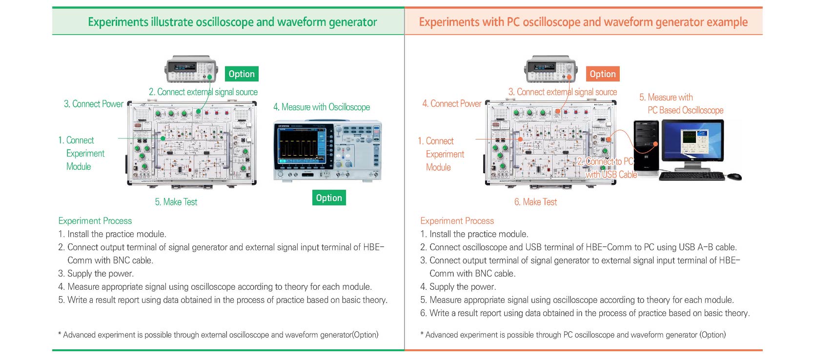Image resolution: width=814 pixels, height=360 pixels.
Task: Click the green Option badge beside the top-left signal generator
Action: coord(242,74)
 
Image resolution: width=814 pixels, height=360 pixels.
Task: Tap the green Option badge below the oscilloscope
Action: coord(329,198)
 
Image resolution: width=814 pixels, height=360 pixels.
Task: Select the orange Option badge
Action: coord(603,74)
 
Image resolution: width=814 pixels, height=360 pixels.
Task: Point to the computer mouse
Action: coord(734,176)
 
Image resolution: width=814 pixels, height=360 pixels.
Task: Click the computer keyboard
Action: coord(692,176)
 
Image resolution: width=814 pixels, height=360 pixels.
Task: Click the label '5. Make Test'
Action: coord(176,202)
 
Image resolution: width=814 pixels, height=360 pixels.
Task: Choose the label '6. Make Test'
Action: coord(535,202)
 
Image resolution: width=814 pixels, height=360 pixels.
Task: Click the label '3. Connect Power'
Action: coord(94,104)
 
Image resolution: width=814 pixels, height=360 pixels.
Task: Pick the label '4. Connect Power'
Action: coord(452,103)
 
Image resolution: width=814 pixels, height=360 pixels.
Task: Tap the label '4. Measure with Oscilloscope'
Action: coord(322,107)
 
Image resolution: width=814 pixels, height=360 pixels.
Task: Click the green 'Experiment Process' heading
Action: coord(95,221)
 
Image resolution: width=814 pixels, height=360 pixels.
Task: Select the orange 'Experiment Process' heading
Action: coord(457,221)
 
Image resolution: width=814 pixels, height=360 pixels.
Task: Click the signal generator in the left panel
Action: coord(191,69)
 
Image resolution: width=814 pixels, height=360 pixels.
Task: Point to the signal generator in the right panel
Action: coord(550,69)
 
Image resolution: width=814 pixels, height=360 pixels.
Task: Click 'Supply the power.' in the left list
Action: coord(101,274)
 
